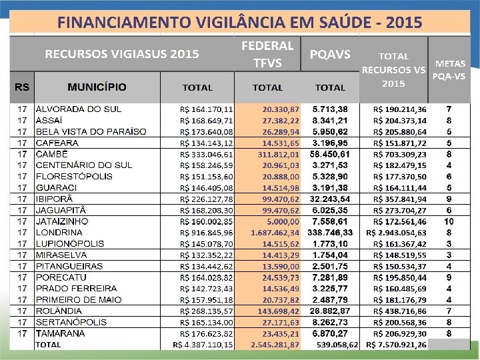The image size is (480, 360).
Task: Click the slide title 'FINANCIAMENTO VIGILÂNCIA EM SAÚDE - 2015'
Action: pos(239,23)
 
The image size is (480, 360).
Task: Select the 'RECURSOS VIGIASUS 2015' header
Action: pos(122,54)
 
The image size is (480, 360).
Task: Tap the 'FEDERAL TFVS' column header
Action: pos(267,54)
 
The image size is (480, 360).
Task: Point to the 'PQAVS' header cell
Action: pos(330,54)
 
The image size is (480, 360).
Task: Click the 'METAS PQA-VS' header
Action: pos(449,69)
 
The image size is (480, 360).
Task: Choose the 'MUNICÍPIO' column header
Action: pos(97,87)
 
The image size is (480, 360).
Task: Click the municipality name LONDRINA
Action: pos(59,233)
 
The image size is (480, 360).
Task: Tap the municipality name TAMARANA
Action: pos(61,333)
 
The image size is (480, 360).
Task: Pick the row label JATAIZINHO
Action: pos(62,221)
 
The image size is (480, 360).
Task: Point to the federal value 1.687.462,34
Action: pos(275,233)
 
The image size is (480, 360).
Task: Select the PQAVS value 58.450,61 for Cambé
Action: pos(329,153)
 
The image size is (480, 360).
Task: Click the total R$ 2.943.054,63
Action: pos(397,233)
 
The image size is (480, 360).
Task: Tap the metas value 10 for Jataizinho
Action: pos(449,221)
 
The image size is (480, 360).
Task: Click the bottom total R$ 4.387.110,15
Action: pos(203,345)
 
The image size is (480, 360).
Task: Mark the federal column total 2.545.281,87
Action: pos(275,345)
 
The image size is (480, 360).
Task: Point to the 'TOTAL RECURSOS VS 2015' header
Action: pos(393,70)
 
